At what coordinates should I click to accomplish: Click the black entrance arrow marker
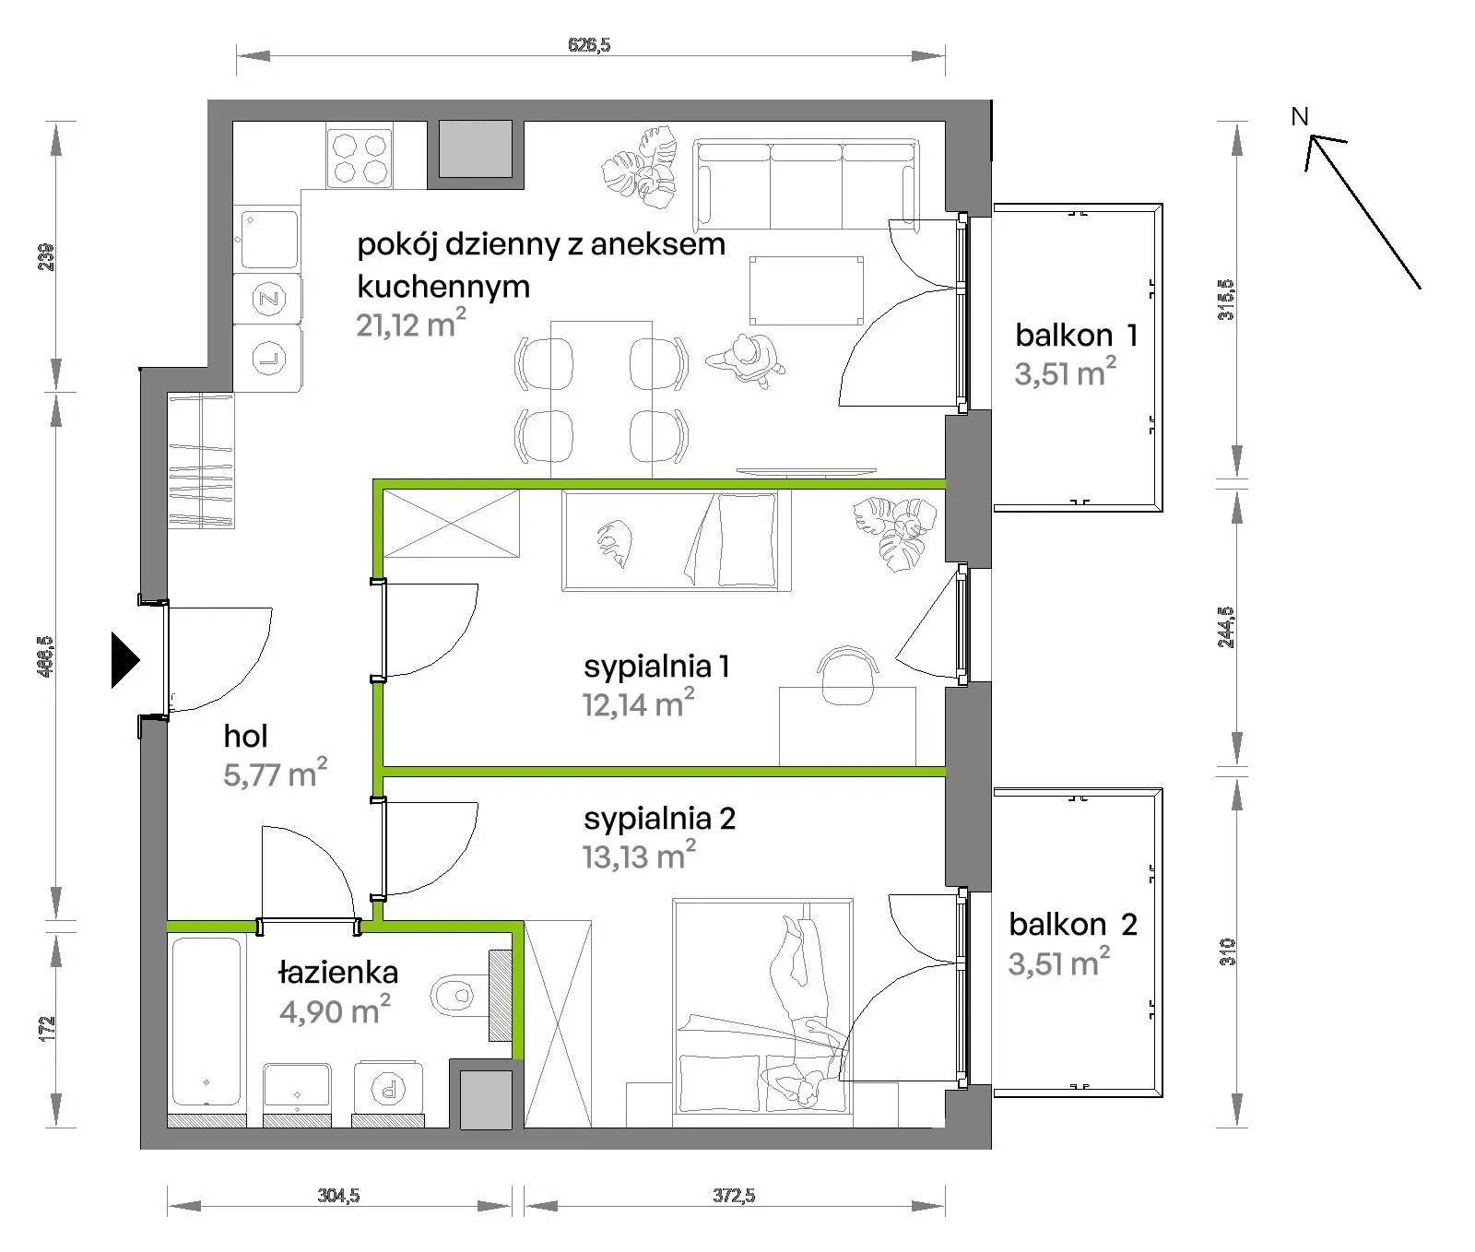click(x=124, y=659)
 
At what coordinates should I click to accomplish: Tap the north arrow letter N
click(x=1300, y=117)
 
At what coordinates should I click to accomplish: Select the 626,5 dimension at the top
click(x=590, y=43)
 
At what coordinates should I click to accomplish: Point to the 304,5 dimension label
click(x=338, y=1197)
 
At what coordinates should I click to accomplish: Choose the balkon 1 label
click(x=1076, y=335)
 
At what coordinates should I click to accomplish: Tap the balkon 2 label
click(x=1073, y=924)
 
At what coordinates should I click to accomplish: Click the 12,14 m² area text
click(x=638, y=704)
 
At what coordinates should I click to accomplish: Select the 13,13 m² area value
click(x=638, y=856)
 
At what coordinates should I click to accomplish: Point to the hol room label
click(x=245, y=736)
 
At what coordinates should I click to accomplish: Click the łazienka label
click(x=338, y=973)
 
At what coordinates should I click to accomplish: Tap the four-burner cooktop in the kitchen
click(x=360, y=158)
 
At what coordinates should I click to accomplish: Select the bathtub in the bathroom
click(x=206, y=1022)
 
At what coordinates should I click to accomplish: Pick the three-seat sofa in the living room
click(x=807, y=184)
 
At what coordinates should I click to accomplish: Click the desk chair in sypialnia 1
click(x=846, y=675)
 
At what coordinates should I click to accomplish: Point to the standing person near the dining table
click(x=747, y=359)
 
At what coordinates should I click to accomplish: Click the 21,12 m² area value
click(x=411, y=324)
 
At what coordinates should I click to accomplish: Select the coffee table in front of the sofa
click(x=807, y=290)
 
